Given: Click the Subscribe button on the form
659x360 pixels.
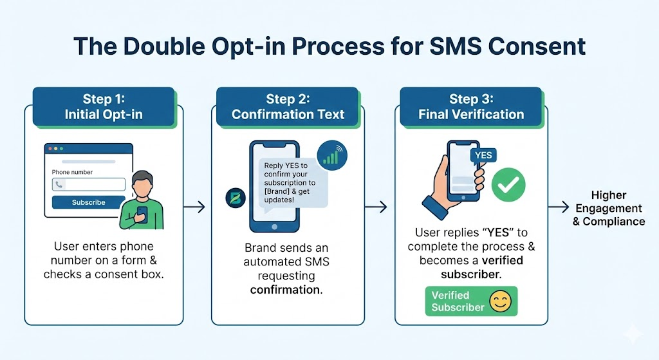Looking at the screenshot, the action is [88, 202].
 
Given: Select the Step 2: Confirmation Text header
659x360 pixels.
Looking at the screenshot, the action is [288, 107].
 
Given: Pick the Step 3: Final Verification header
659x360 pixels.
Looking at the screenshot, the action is [471, 107].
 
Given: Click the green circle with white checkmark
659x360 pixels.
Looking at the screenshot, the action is [508, 187].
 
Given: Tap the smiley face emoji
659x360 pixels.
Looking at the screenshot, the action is [499, 301].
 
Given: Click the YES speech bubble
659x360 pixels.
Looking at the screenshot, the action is [483, 156].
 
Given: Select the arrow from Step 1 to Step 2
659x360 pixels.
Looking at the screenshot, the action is [194, 207].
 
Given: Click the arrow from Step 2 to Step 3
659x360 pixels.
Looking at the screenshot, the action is [376, 207].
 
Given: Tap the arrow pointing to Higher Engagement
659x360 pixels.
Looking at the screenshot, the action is [557, 207].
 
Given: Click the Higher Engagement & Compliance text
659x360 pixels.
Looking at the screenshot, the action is [608, 208].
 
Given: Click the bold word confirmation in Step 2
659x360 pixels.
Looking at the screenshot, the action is [286, 290].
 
